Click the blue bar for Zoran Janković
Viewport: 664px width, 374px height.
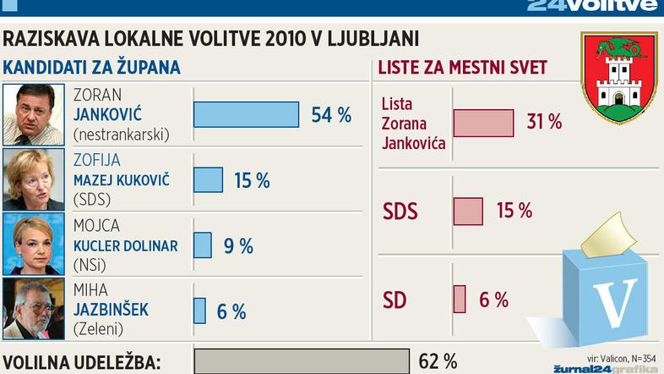pos(246,114)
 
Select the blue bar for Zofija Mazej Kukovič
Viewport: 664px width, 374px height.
pos(209,179)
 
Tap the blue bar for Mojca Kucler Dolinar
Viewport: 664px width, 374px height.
pos(203,245)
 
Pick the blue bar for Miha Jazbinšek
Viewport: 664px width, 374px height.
pos(200,311)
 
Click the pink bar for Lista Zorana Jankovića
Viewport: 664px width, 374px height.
pos(483,122)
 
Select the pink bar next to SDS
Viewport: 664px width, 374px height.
pos(468,211)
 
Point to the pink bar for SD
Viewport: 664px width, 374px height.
pos(460,299)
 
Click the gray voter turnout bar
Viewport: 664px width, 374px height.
pos(302,361)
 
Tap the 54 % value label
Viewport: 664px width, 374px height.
pos(331,115)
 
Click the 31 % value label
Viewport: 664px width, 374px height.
pos(544,122)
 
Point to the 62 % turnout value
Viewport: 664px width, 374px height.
pos(438,361)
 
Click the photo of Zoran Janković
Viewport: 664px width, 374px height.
pos(35,114)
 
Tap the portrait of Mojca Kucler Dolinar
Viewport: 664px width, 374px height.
pos(35,245)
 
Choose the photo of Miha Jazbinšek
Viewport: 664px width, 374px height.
pos(35,310)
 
